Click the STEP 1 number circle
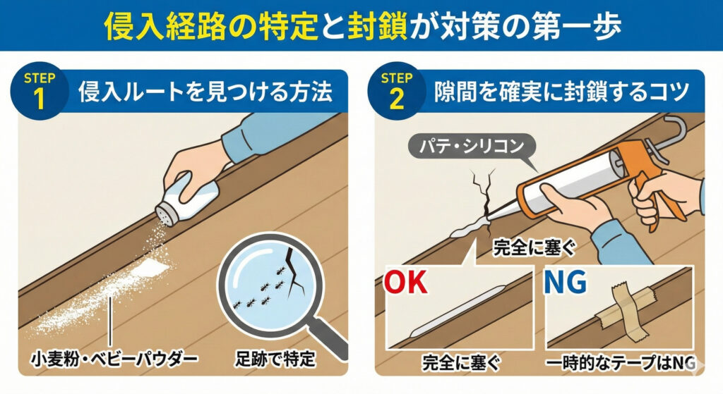click(40, 91)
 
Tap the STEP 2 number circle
click(396, 91)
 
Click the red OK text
click(406, 282)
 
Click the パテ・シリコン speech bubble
click(472, 147)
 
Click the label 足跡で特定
click(275, 359)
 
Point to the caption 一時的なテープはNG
click(620, 363)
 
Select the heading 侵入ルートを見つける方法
click(205, 91)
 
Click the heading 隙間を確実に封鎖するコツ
click(561, 91)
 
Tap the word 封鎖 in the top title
click(378, 26)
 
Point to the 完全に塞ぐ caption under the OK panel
click(461, 363)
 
